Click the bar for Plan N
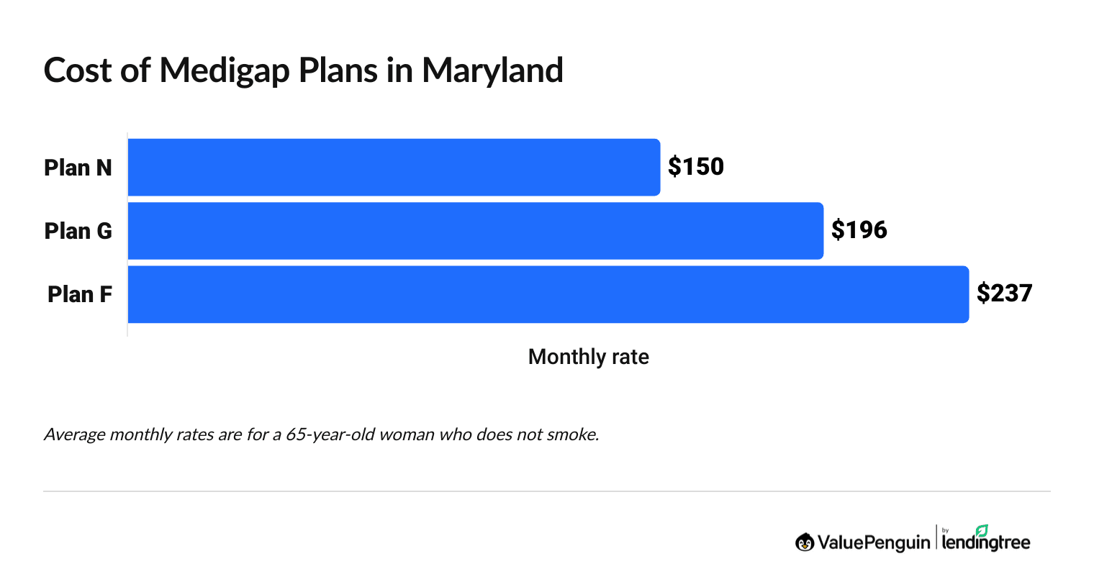[394, 167]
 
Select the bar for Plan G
[475, 230]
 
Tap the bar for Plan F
[548, 294]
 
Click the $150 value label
[695, 167]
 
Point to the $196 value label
[859, 230]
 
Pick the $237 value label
[1004, 293]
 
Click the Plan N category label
[78, 168]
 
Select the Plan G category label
[78, 231]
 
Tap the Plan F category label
[79, 294]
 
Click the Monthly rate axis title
[588, 357]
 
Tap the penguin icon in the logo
[804, 542]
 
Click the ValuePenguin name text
[873, 542]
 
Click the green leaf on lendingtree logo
[981, 530]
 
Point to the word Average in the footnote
[74, 434]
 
